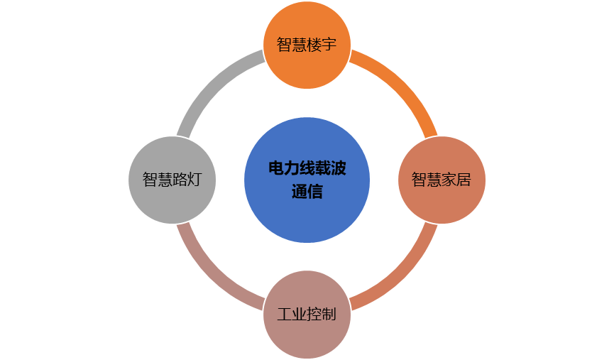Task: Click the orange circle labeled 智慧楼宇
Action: point(307,45)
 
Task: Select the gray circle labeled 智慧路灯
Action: point(172,180)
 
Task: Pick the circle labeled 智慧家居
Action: point(442,180)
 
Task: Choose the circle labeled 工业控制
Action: point(307,315)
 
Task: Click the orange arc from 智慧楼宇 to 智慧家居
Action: point(402,84)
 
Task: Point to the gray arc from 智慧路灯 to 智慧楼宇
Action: point(211,84)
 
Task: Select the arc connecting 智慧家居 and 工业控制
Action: point(402,275)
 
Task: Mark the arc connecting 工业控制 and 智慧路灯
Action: point(211,275)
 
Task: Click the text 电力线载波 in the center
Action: point(307,168)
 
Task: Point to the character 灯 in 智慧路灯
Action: point(193,180)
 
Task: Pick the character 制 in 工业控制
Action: point(328,315)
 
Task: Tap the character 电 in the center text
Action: point(275,168)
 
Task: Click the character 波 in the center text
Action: point(339,168)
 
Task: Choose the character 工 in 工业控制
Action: point(285,315)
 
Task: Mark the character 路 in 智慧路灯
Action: point(179,180)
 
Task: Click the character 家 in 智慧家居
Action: point(449,180)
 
